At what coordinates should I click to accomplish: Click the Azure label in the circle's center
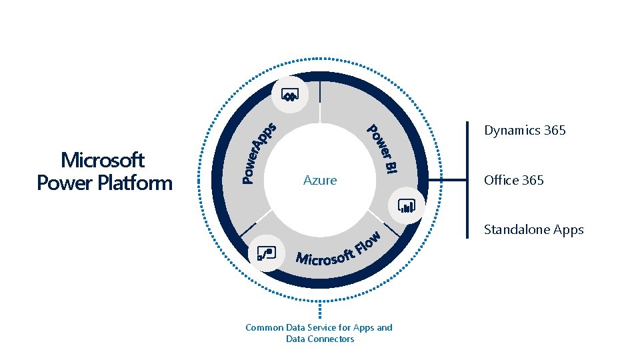pos(320,180)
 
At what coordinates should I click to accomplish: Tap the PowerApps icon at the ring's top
pos(290,95)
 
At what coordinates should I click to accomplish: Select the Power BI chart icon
pos(406,205)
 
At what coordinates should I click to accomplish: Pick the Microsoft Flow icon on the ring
pos(265,253)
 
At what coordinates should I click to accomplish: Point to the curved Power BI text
pos(384,149)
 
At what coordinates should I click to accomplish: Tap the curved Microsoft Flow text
pos(339,250)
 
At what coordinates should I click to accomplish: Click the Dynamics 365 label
pos(525,131)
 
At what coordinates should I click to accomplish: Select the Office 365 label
pos(514,180)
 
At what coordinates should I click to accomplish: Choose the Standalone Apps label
pos(533,230)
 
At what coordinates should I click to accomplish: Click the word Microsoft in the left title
pos(103,160)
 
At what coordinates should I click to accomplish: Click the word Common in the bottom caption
pos(264,327)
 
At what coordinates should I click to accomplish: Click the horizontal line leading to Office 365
pos(447,180)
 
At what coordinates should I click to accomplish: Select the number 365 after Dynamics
pos(555,131)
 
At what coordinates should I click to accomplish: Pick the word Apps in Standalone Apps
pos(568,230)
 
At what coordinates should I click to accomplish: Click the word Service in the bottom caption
pos(323,327)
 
